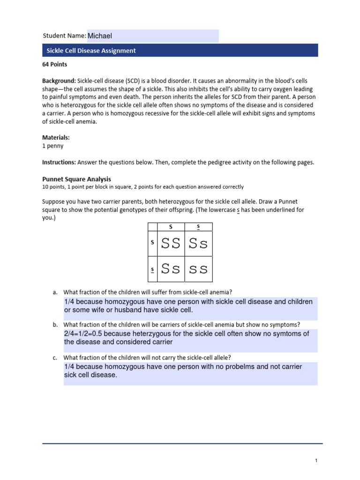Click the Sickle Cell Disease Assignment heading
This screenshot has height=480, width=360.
91,51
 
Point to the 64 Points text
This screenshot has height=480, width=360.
54,64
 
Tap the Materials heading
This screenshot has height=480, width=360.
56,137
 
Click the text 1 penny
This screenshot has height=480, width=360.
53,146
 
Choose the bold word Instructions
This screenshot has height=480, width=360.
59,162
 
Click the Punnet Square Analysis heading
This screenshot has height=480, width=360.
76,179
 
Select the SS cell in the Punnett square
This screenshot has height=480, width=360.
171,244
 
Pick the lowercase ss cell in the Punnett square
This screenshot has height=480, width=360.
198,269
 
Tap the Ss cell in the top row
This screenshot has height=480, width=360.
198,244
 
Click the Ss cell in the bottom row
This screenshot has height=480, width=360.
171,269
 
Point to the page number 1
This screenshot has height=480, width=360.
316,461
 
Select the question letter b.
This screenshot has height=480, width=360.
55,325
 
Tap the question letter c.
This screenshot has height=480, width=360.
55,358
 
